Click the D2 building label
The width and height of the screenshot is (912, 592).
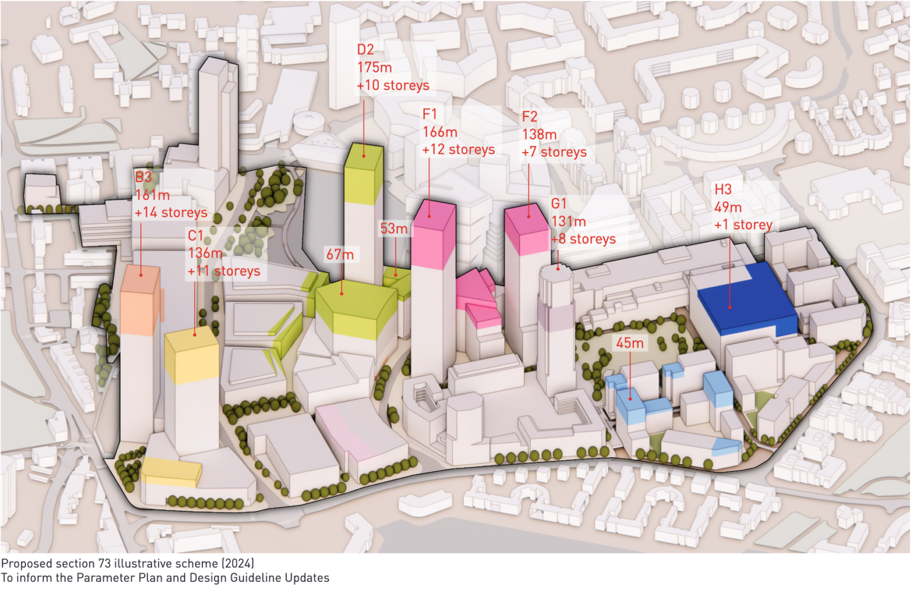365,49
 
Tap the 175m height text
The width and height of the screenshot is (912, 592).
374,67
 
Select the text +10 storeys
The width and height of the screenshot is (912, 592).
392,86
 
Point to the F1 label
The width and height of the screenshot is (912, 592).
429,113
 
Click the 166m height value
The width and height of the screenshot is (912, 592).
439,132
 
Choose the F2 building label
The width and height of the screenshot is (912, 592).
529,116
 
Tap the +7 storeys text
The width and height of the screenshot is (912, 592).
553,153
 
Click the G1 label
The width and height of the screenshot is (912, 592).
559,204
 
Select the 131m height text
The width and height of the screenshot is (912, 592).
568,221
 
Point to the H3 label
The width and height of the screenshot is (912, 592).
723,189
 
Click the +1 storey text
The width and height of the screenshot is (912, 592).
743,225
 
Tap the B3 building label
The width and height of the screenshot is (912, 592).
143,177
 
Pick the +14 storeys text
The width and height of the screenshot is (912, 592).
170,213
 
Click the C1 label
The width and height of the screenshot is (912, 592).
195,236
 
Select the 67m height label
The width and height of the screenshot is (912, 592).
340,255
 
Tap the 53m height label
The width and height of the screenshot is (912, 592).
394,229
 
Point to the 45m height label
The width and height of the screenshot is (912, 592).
629,343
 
